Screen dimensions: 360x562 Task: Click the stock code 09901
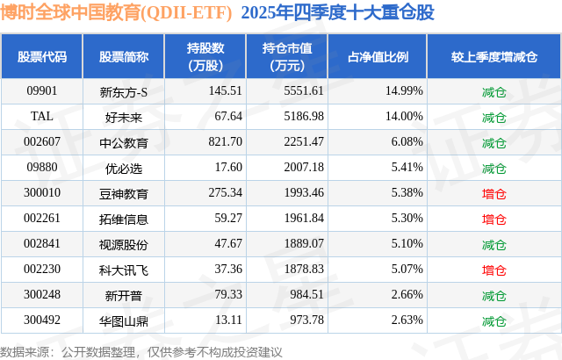pyautogui.click(x=41, y=90)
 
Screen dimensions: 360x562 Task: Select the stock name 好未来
pyautogui.click(x=124, y=116)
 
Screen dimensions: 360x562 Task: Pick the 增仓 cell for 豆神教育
pyautogui.click(x=494, y=193)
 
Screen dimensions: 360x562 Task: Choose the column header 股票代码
pyautogui.click(x=41, y=57)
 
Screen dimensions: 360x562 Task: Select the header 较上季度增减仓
pyautogui.click(x=494, y=57)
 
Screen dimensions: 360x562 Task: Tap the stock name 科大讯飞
pyautogui.click(x=124, y=270)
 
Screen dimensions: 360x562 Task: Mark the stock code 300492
pyautogui.click(x=41, y=320)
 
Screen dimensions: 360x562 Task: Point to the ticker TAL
pyautogui.click(x=41, y=116)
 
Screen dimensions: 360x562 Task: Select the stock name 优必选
pyautogui.click(x=124, y=167)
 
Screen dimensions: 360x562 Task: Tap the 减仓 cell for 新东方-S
pyautogui.click(x=494, y=90)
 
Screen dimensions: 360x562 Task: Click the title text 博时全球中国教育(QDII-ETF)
pyautogui.click(x=117, y=15)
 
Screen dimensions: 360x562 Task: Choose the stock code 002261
pyautogui.click(x=41, y=219)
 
